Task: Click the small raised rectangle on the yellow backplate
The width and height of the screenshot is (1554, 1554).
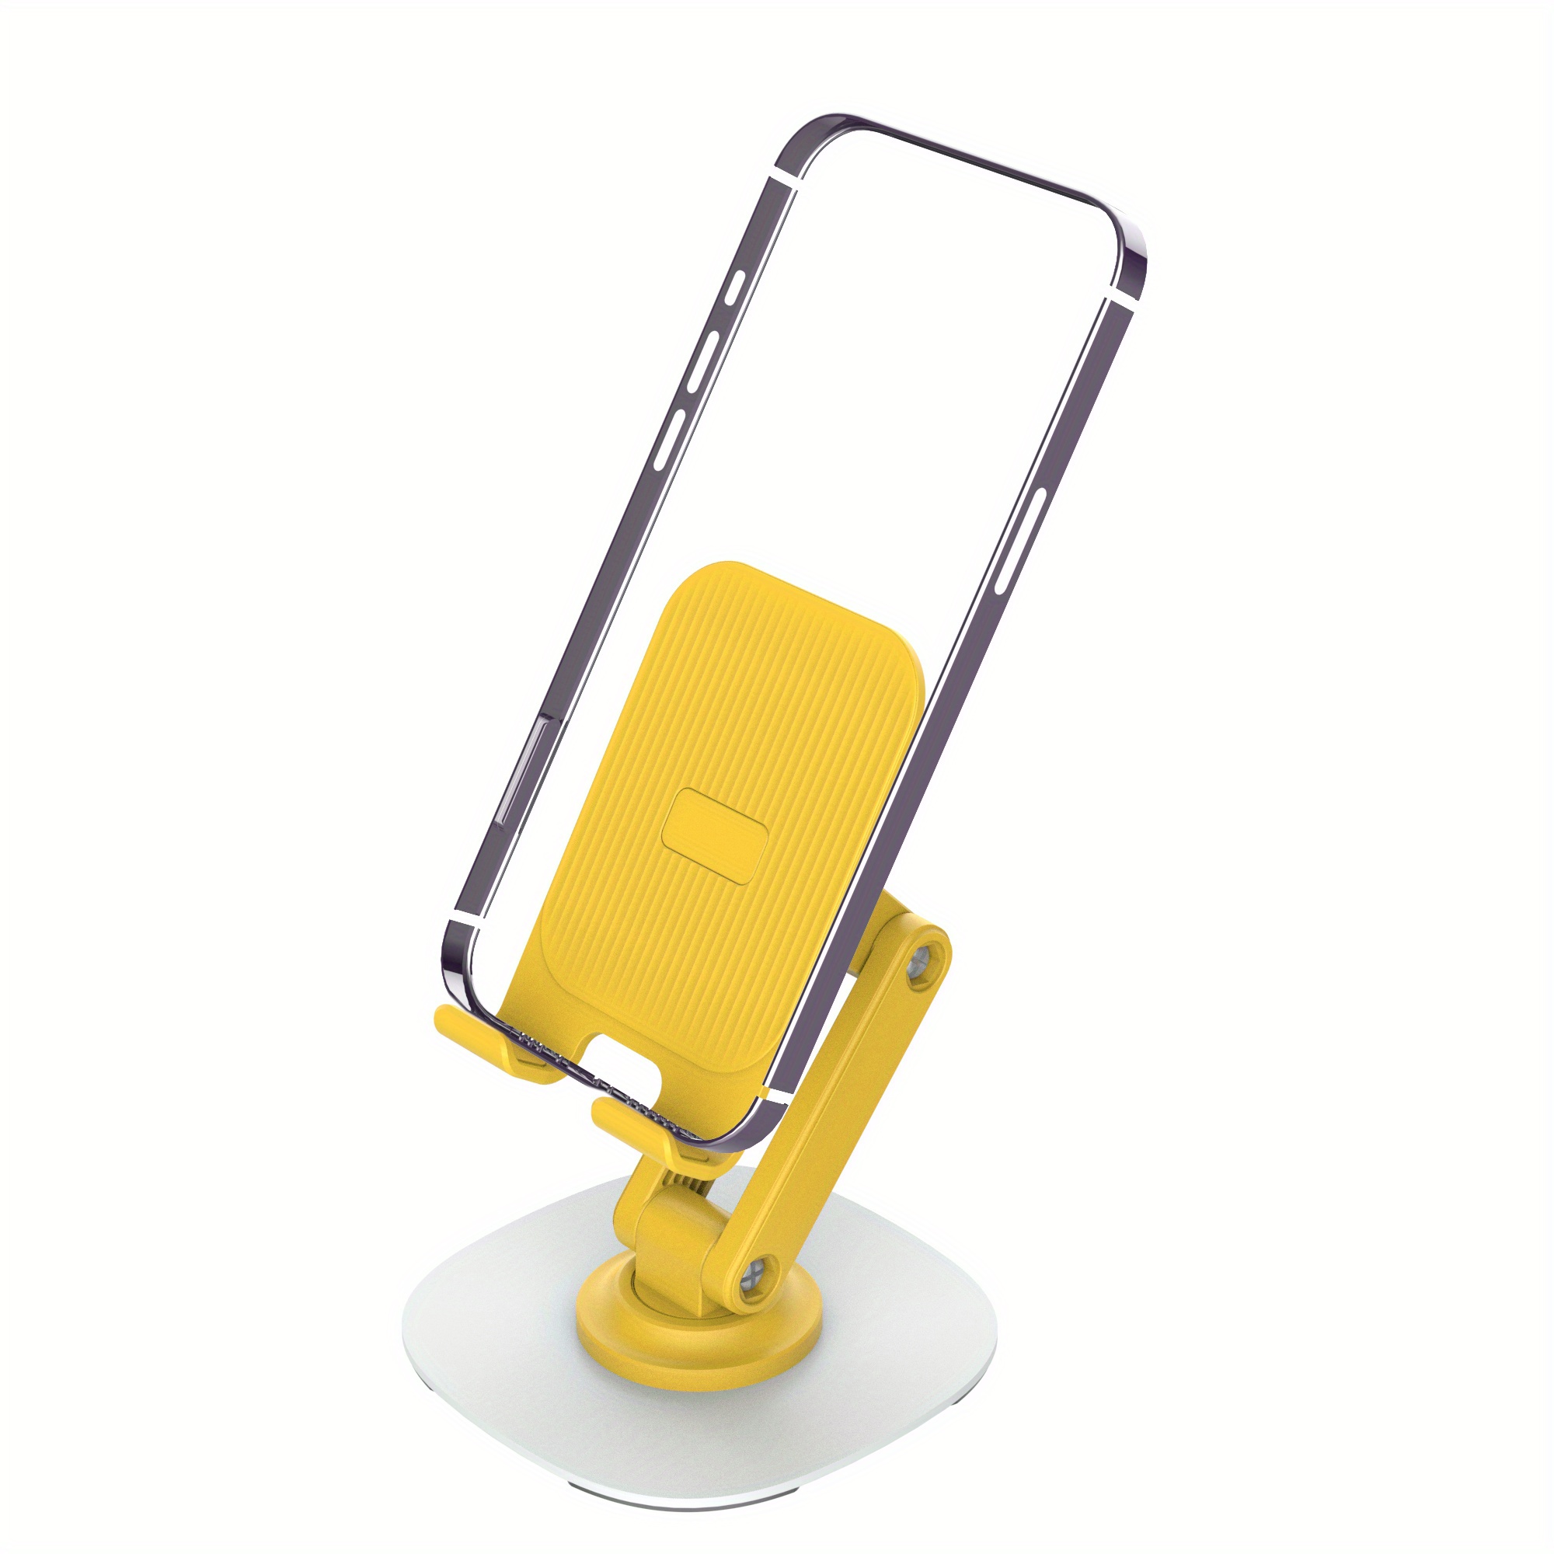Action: [x=714, y=837]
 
